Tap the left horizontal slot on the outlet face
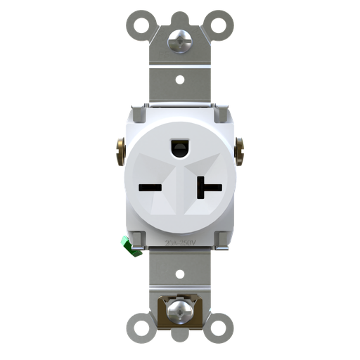[151, 188]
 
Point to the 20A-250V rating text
[179, 241]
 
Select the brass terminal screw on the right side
[239, 148]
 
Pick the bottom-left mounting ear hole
[141, 328]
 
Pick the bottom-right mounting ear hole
[219, 328]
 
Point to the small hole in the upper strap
[180, 79]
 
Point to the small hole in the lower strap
[180, 273]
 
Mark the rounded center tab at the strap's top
[180, 17]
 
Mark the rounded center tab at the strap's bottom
[180, 335]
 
